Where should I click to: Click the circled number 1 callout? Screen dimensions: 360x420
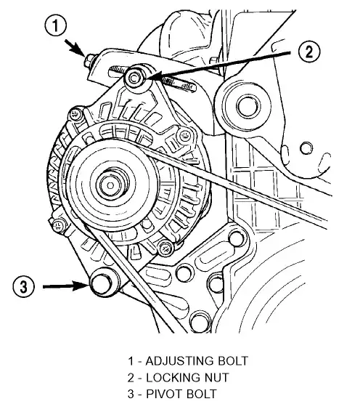pyautogui.click(x=55, y=26)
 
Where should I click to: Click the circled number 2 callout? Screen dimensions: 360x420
pyautogui.click(x=309, y=51)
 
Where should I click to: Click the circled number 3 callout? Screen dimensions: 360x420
pyautogui.click(x=23, y=287)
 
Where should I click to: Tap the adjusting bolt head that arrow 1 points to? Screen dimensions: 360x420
pyautogui.click(x=89, y=61)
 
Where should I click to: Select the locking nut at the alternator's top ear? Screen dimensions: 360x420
pyautogui.click(x=134, y=78)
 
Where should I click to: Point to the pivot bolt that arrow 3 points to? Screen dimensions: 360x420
pyautogui.click(x=101, y=284)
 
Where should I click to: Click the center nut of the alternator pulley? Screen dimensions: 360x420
pyautogui.click(x=110, y=185)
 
